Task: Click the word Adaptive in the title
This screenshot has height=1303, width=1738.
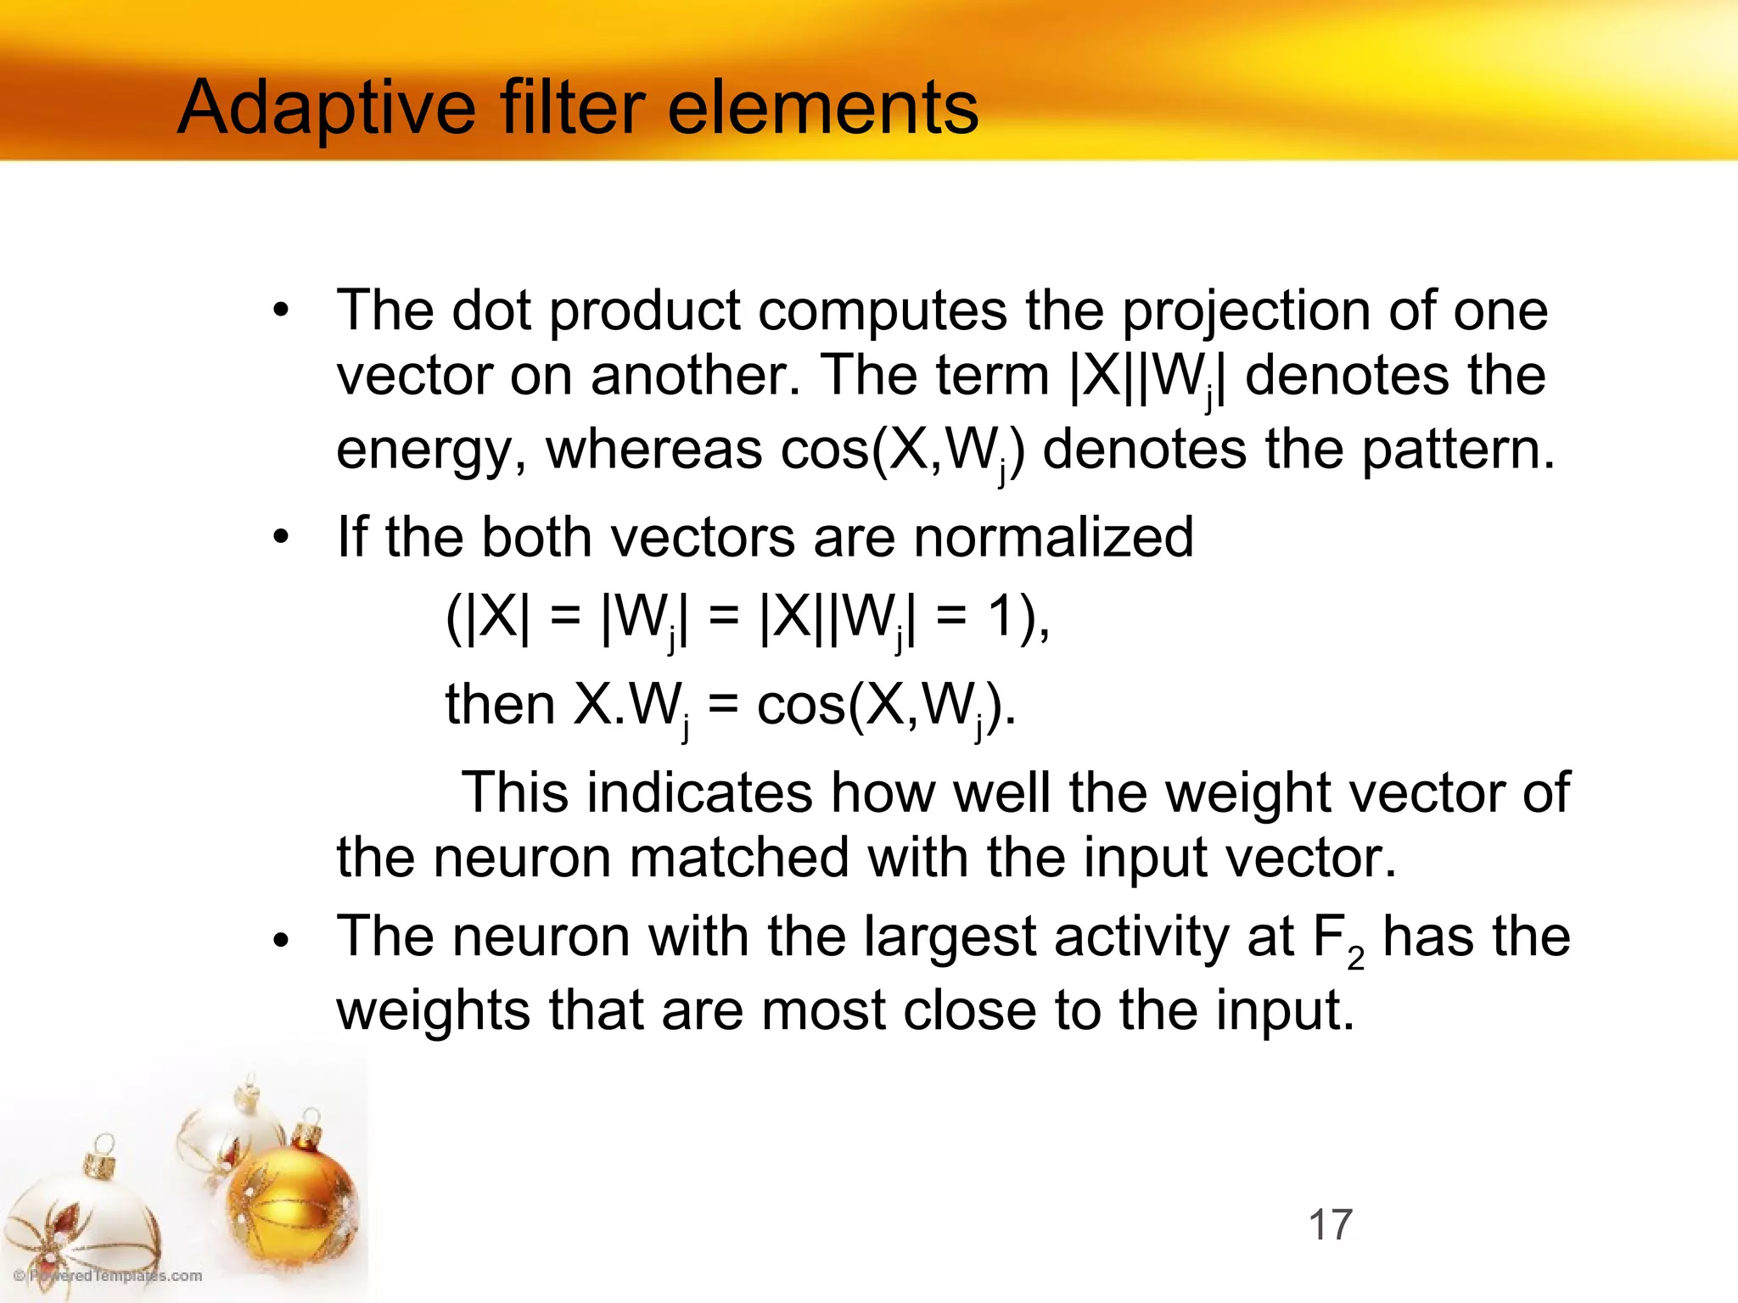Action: pyautogui.click(x=326, y=109)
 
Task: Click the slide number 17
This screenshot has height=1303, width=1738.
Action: pyautogui.click(x=1330, y=1225)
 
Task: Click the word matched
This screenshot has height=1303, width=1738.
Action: pyautogui.click(x=738, y=858)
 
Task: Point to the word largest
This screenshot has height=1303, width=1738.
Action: pyautogui.click(x=950, y=937)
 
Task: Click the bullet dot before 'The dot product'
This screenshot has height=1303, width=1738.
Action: pyautogui.click(x=281, y=310)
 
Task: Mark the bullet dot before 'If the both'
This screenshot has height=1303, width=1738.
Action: pyautogui.click(x=281, y=537)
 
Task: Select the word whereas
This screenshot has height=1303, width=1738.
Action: pyautogui.click(x=653, y=450)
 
